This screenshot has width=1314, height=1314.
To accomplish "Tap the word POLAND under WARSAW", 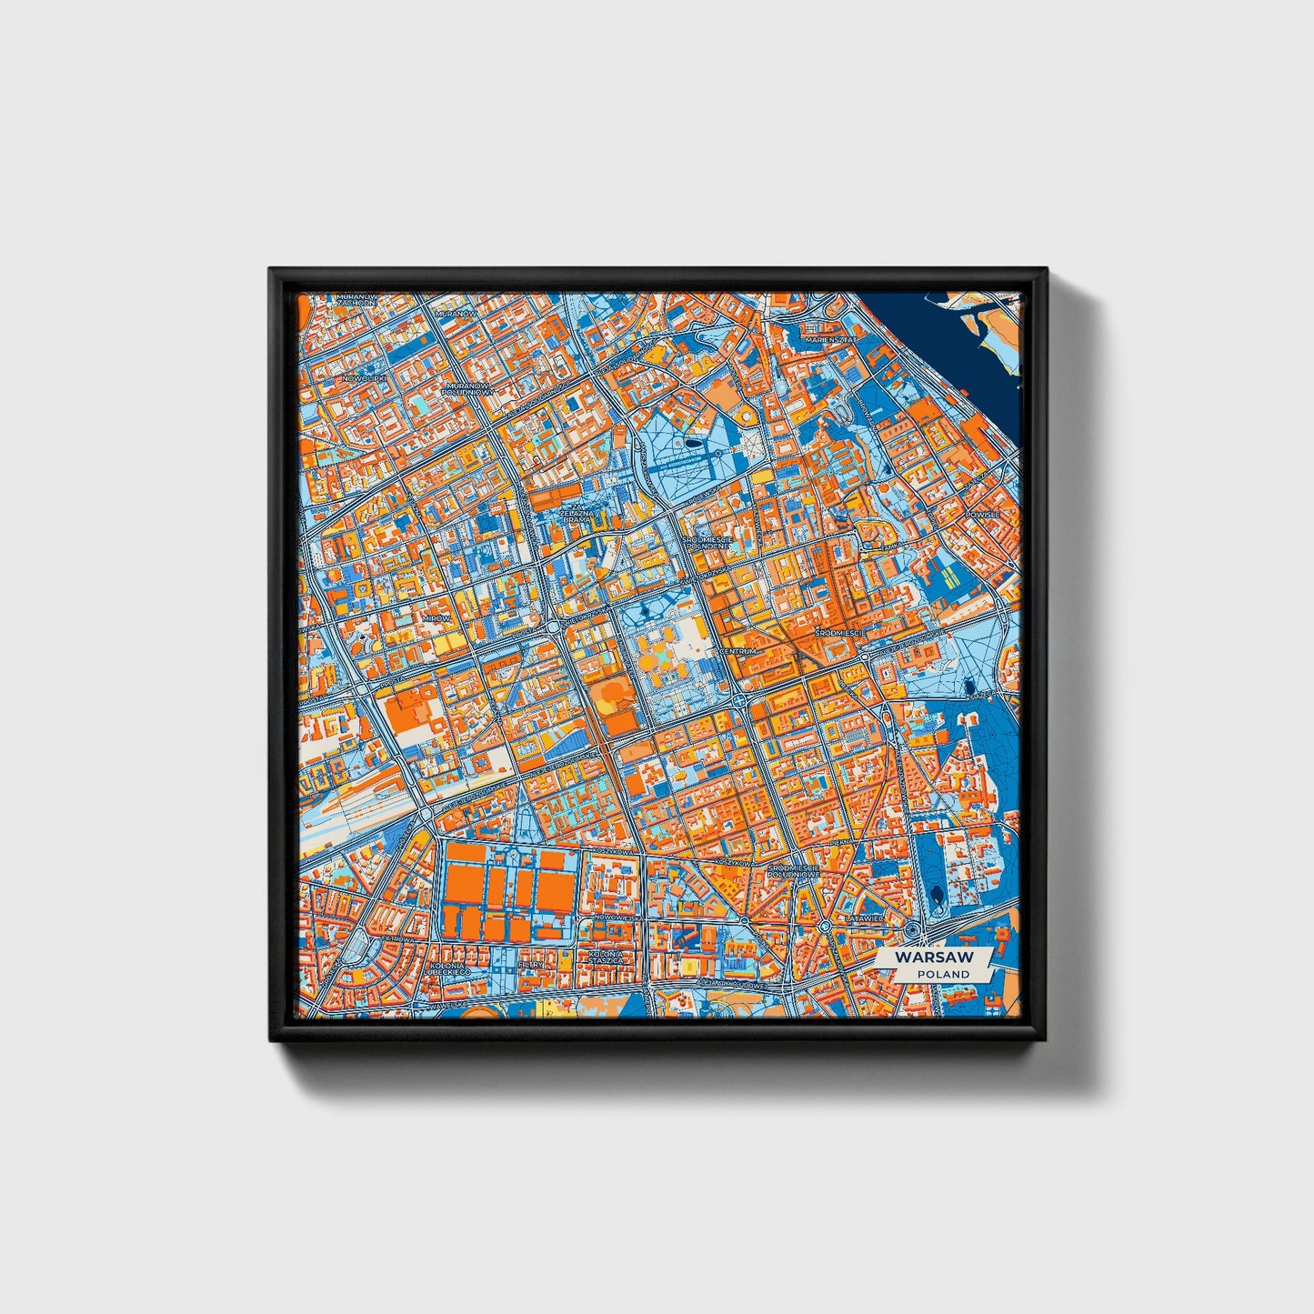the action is click(942, 974).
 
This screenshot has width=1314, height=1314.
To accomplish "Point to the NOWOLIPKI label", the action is click(364, 377).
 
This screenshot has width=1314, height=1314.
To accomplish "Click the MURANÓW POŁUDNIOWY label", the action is click(470, 388).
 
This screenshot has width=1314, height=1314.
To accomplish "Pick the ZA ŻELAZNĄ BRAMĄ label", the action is click(577, 516).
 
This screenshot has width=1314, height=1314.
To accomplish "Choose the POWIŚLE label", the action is click(983, 514).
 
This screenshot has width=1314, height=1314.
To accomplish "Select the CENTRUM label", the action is click(738, 651).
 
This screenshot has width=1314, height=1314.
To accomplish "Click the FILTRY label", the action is click(530, 964).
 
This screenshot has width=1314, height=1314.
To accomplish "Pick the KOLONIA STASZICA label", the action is click(605, 957).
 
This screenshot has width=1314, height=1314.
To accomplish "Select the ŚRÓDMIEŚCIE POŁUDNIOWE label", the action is click(794, 870).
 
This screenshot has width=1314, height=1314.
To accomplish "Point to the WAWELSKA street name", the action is click(447, 1005).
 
